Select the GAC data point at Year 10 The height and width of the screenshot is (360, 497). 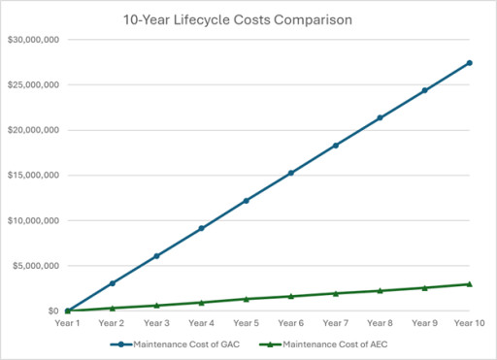pyautogui.click(x=470, y=63)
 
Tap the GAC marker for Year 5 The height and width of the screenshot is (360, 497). pyautogui.click(x=246, y=201)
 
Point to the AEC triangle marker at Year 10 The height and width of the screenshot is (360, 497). pyautogui.click(x=470, y=284)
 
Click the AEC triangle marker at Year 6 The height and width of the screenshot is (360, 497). pyautogui.click(x=290, y=296)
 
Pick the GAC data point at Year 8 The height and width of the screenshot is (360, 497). pyautogui.click(x=380, y=117)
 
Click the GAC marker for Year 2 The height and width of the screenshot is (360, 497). pyautogui.click(x=112, y=283)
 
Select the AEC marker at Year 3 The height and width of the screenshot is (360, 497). pyautogui.click(x=156, y=306)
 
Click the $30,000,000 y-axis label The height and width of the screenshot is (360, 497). pyautogui.click(x=32, y=40)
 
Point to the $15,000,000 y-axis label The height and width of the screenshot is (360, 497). pyautogui.click(x=32, y=176)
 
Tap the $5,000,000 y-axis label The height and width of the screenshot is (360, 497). pyautogui.click(x=34, y=266)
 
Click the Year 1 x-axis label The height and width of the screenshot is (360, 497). pyautogui.click(x=67, y=323)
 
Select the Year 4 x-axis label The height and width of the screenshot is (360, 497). pyautogui.click(x=201, y=323)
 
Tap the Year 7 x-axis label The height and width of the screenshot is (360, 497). pyautogui.click(x=335, y=323)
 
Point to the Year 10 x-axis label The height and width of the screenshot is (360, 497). pyautogui.click(x=470, y=323)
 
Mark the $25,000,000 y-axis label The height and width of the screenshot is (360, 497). pyautogui.click(x=32, y=85)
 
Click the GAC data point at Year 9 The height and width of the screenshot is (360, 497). pyautogui.click(x=424, y=90)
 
